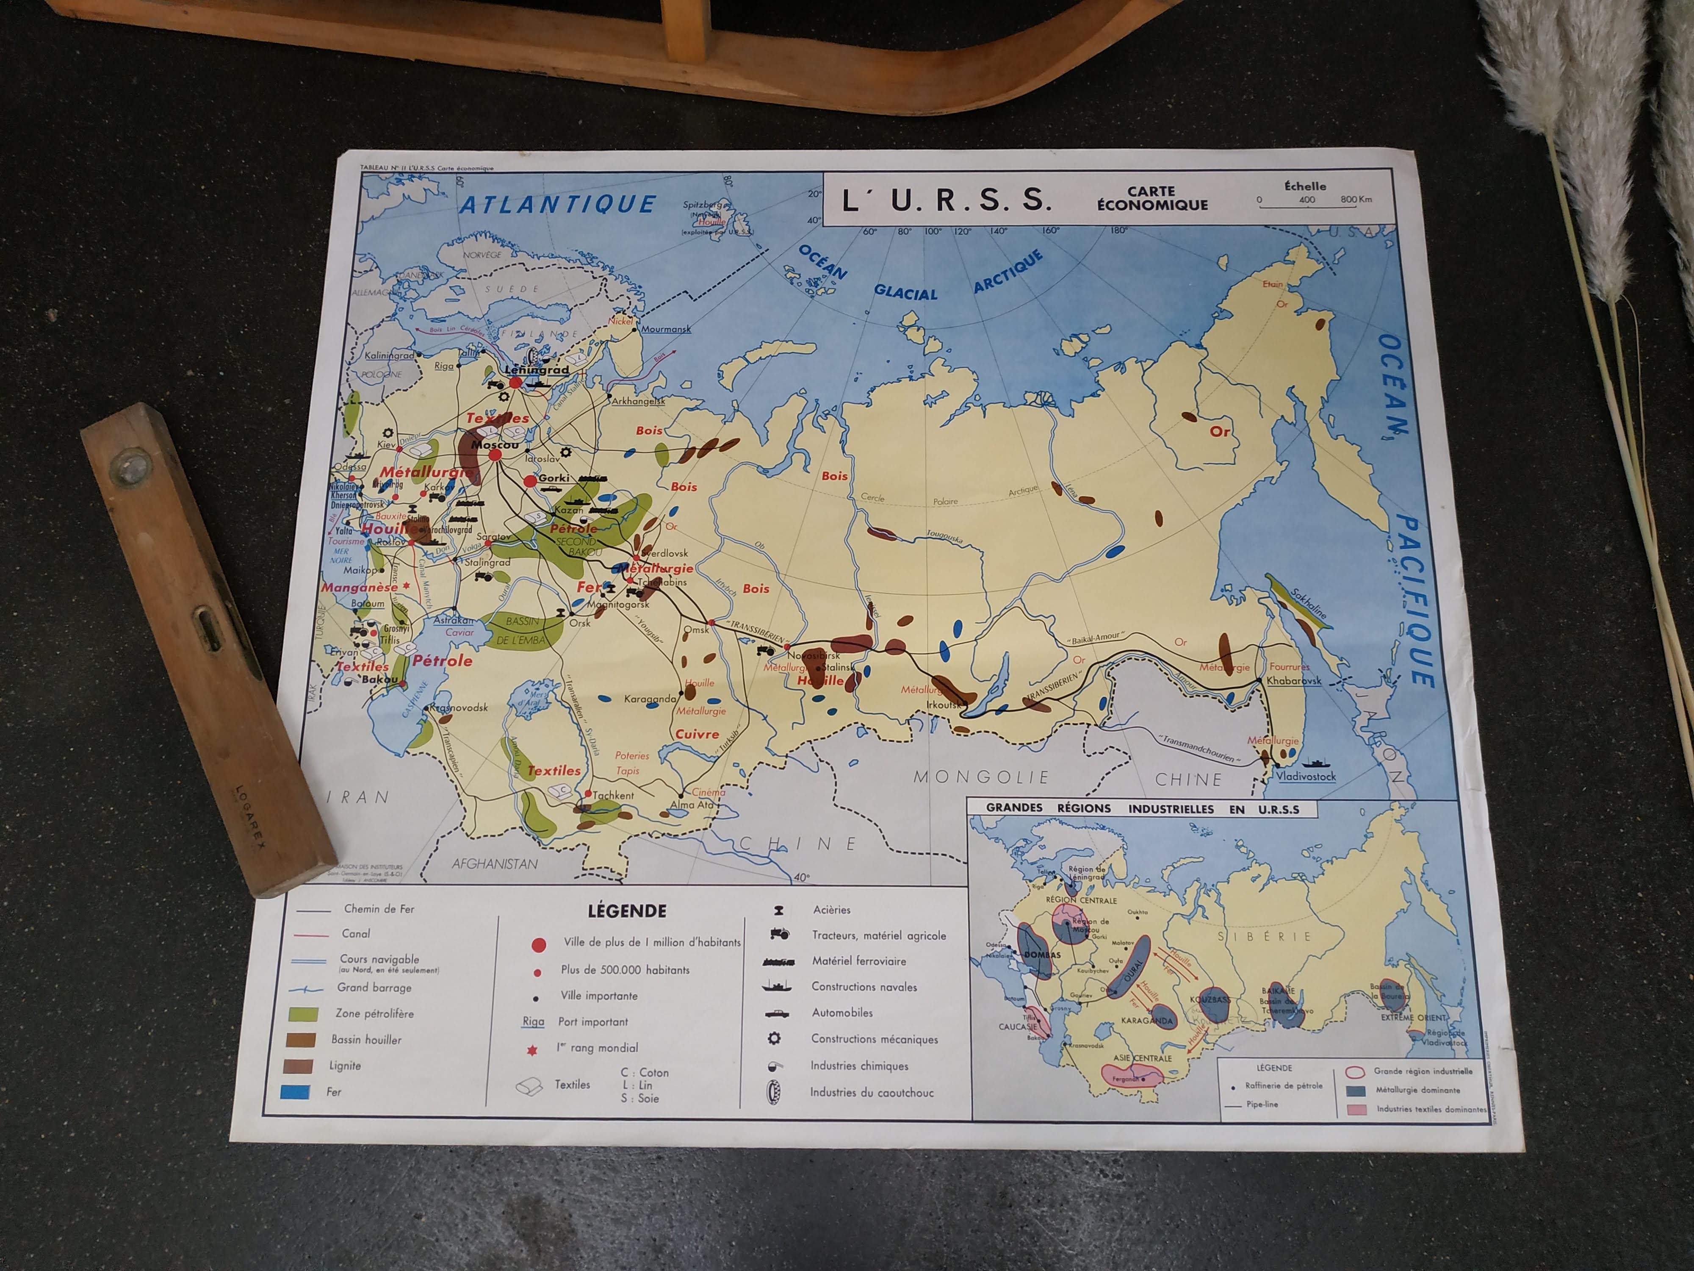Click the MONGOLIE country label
[981, 777]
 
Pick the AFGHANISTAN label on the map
[494, 863]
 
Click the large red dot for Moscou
[495, 455]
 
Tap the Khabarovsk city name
[1293, 680]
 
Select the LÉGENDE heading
[626, 911]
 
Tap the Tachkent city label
[613, 795]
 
